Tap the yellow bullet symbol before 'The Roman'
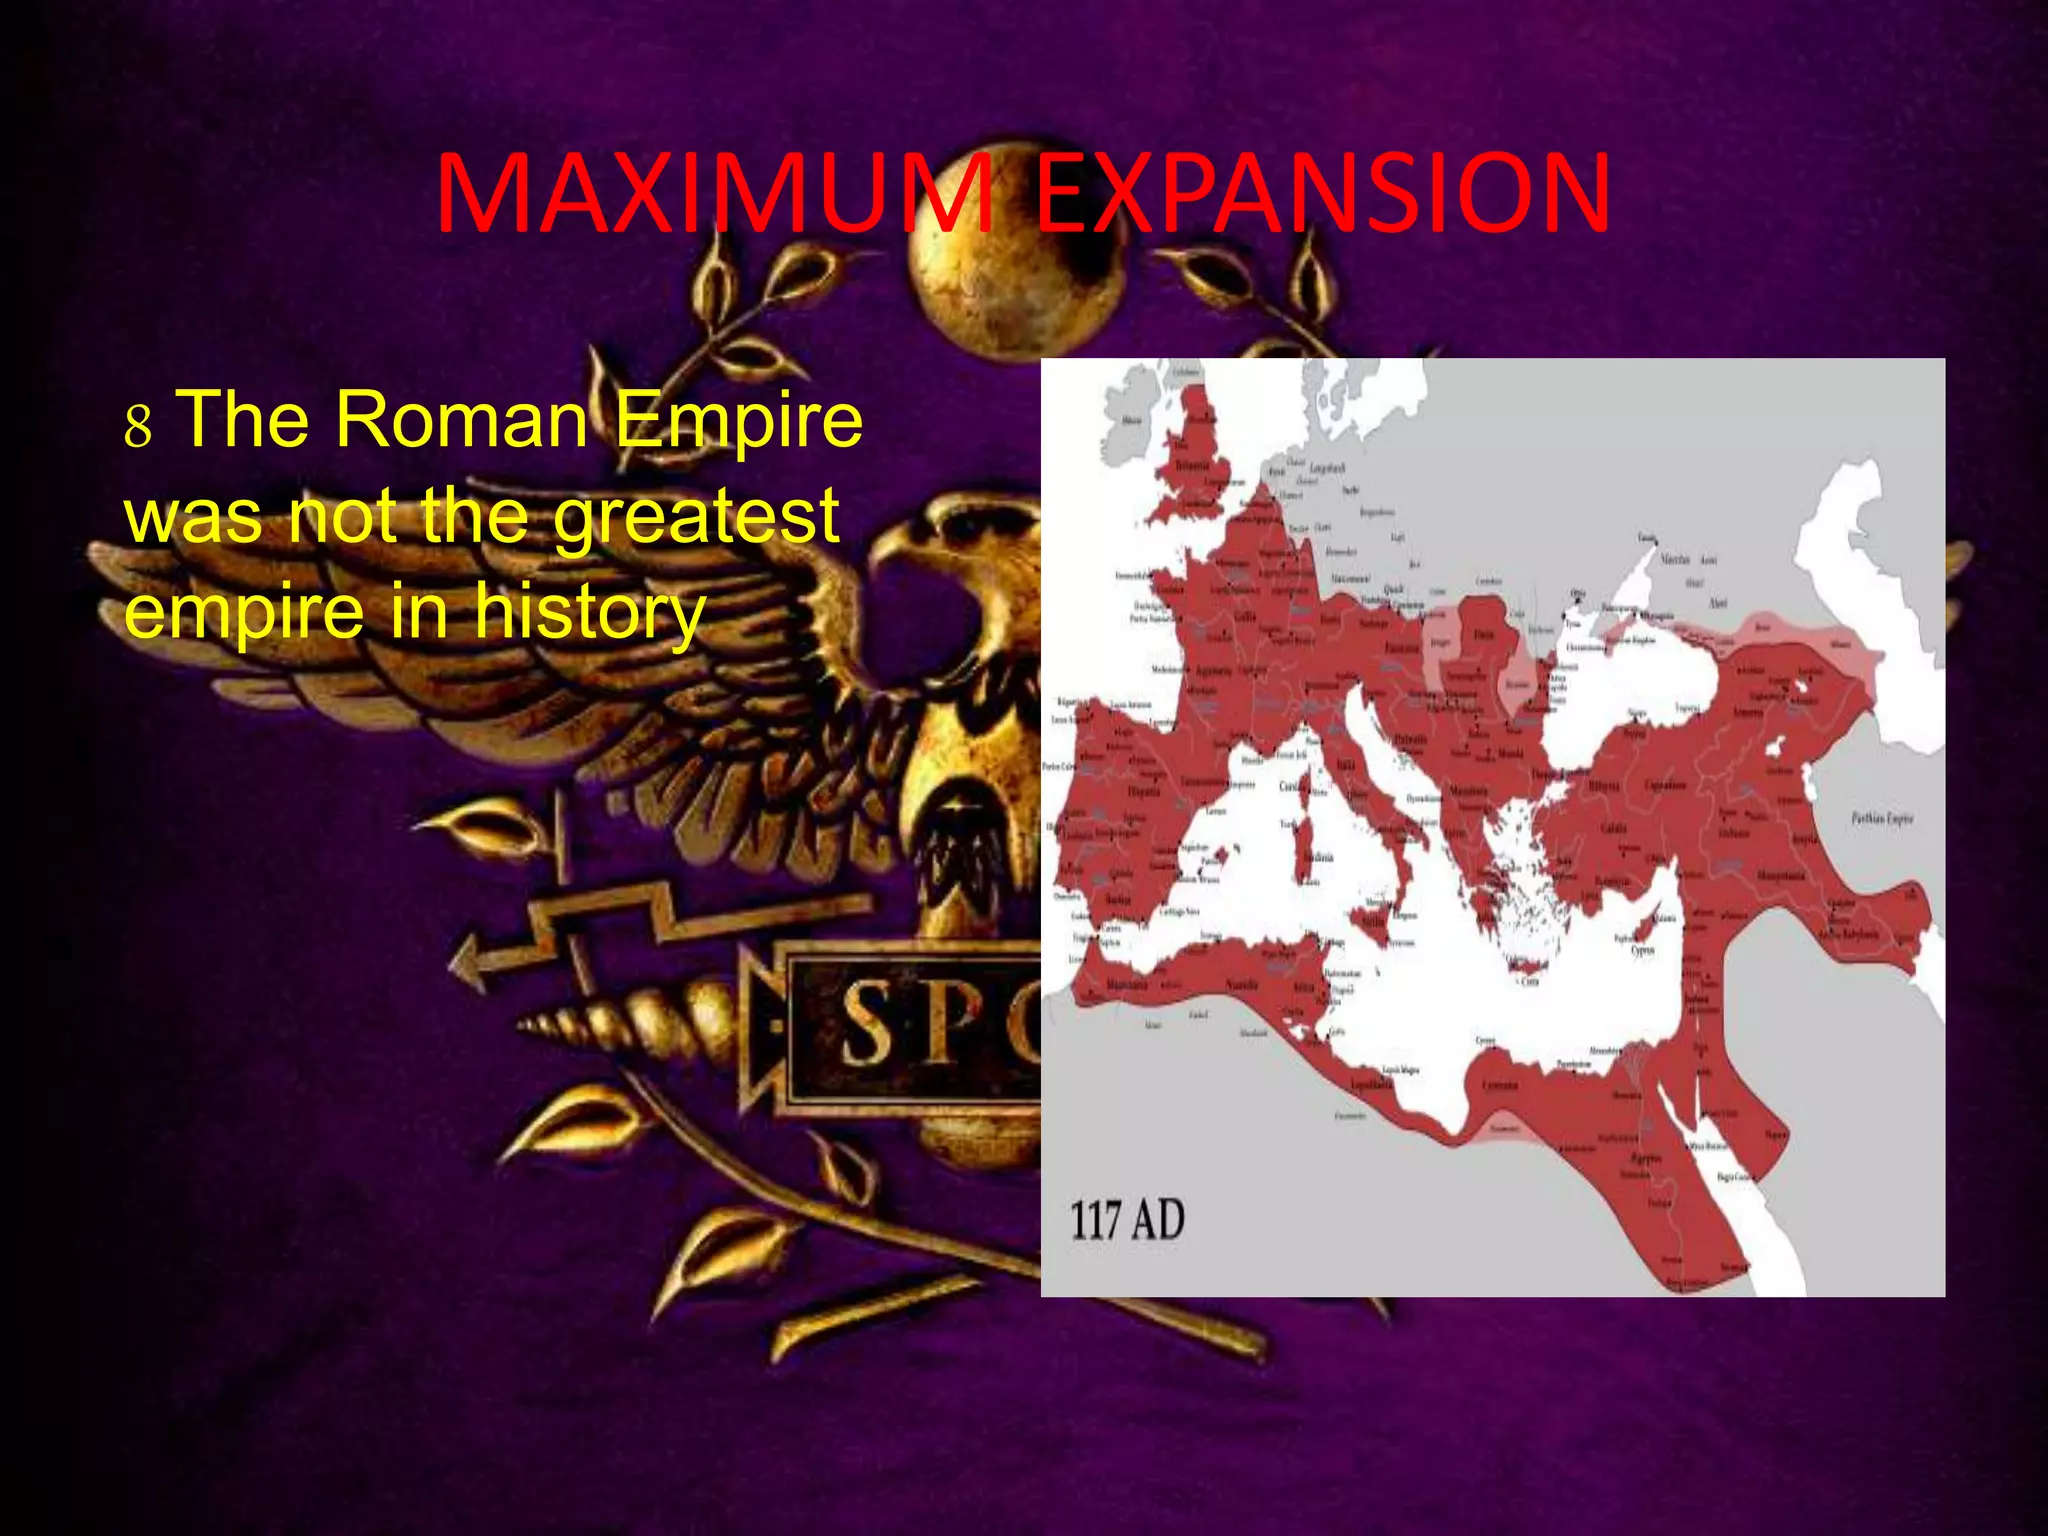pyautogui.click(x=138, y=425)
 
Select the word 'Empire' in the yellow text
pyautogui.click(x=738, y=420)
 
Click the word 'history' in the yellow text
pyautogui.click(x=590, y=612)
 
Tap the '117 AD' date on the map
pyautogui.click(x=1127, y=1220)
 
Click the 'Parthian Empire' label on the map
pyautogui.click(x=1882, y=818)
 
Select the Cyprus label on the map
pyautogui.click(x=1643, y=950)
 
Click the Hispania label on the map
pyautogui.click(x=1144, y=791)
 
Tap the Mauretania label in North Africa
pyautogui.click(x=1127, y=985)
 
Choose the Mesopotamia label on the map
pyautogui.click(x=1782, y=876)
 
